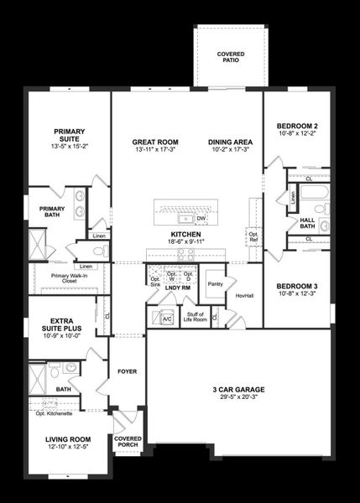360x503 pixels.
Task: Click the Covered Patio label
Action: (x=230, y=58)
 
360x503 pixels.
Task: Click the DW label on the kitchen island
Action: (x=201, y=219)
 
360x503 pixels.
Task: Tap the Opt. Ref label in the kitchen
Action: (x=253, y=237)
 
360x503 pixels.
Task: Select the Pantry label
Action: (x=215, y=284)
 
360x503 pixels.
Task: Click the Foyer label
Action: (x=127, y=371)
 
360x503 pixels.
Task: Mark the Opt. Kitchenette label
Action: (x=54, y=413)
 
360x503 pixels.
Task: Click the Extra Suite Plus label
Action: (x=60, y=324)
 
